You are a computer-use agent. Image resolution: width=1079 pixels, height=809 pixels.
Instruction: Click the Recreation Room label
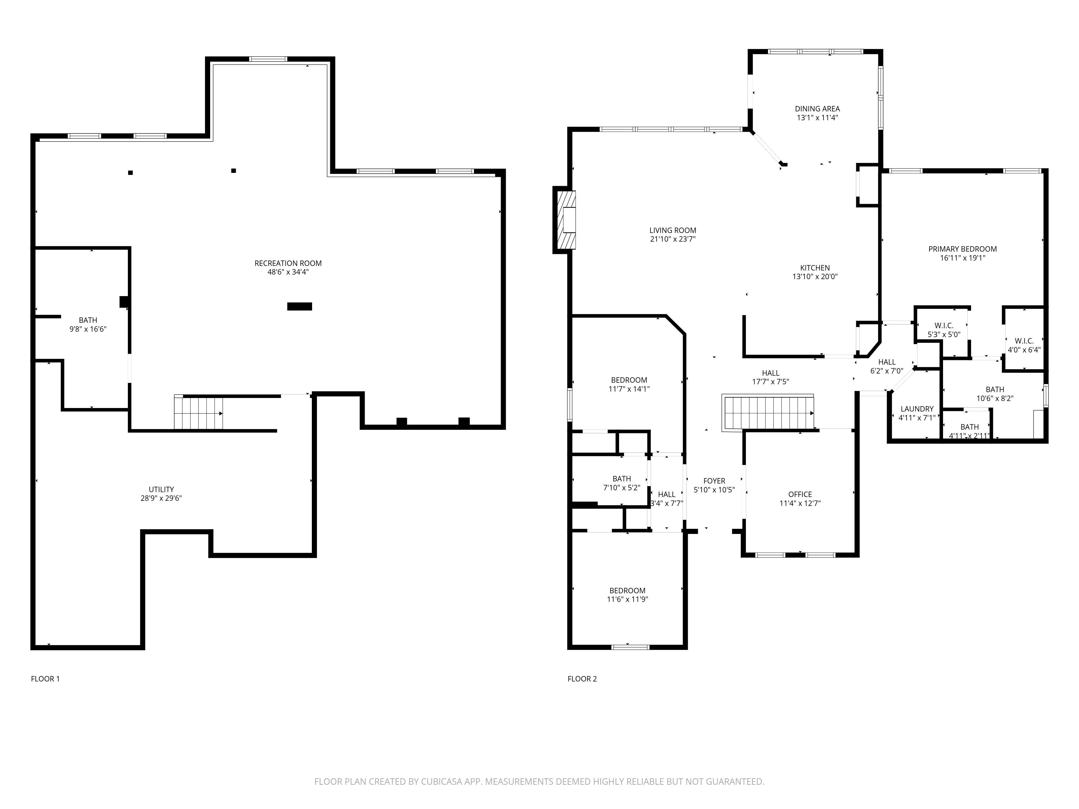(x=288, y=263)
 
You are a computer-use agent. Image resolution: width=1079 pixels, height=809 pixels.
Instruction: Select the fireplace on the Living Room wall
(x=565, y=220)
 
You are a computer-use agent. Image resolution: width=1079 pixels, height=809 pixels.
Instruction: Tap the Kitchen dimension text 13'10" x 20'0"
(x=815, y=276)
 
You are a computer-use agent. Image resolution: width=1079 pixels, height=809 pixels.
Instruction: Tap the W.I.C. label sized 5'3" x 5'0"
(x=944, y=326)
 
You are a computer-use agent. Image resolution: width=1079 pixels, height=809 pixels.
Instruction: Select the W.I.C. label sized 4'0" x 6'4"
(x=1024, y=341)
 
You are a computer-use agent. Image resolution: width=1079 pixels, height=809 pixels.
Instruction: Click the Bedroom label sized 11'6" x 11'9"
(x=627, y=591)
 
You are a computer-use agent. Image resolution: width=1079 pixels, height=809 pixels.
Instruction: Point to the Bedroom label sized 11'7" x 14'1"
(x=629, y=380)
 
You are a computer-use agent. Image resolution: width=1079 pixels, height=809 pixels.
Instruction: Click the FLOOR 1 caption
(x=45, y=679)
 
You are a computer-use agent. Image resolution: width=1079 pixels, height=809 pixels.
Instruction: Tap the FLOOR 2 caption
(x=582, y=679)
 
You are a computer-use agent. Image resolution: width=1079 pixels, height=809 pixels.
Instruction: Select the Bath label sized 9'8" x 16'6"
(x=88, y=320)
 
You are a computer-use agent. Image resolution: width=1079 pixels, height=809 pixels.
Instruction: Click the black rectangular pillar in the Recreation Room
(x=299, y=306)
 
